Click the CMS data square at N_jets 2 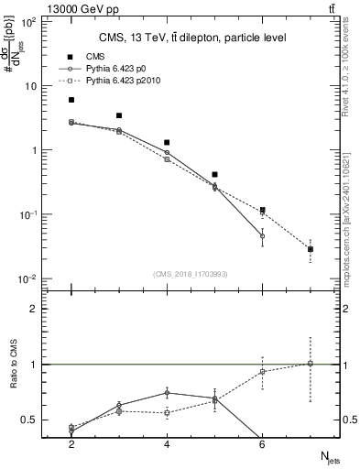pyautogui.click(x=71, y=100)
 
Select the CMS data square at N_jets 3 pyautogui.click(x=119, y=115)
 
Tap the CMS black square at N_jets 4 pyautogui.click(x=167, y=143)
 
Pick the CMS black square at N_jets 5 pyautogui.click(x=214, y=174)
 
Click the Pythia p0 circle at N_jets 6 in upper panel pyautogui.click(x=262, y=236)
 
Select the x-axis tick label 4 pyautogui.click(x=167, y=444)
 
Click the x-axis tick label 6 pyautogui.click(x=262, y=444)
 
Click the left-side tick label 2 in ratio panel pyautogui.click(x=32, y=309)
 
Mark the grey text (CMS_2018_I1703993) pyautogui.click(x=191, y=274)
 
